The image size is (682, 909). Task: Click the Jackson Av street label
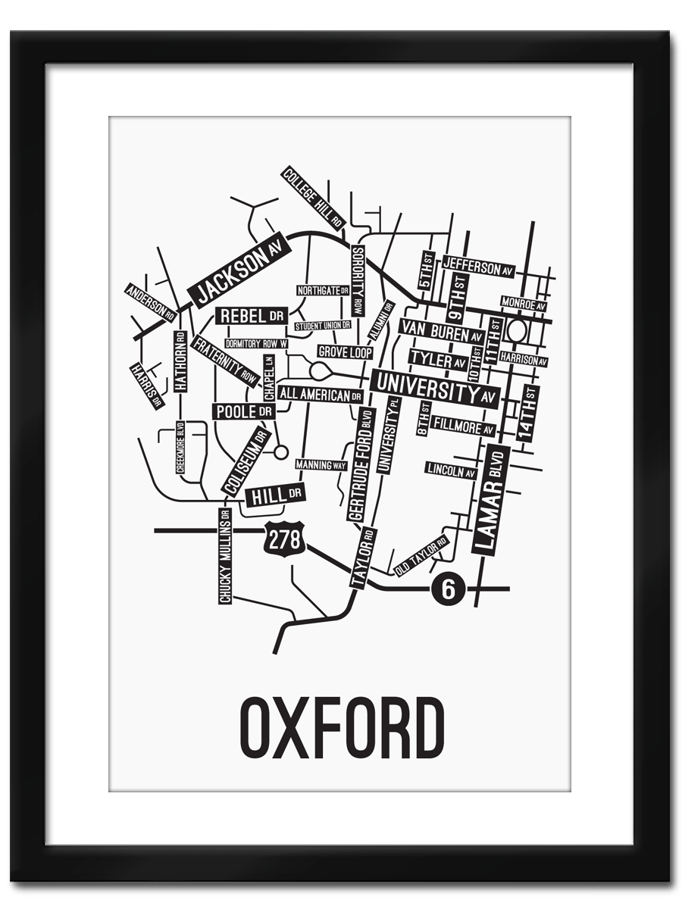(239, 268)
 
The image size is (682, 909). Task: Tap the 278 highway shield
(285, 539)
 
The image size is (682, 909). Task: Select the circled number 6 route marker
(448, 589)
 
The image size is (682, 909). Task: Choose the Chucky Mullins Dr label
(224, 556)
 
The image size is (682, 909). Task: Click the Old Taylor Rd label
(421, 556)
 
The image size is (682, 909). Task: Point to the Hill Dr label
(274, 495)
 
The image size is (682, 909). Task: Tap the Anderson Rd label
(151, 302)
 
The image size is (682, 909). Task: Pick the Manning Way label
(321, 464)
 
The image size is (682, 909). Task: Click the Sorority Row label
(358, 280)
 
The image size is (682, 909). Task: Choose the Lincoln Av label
(451, 470)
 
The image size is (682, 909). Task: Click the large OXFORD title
(341, 727)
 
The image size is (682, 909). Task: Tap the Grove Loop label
(345, 352)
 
